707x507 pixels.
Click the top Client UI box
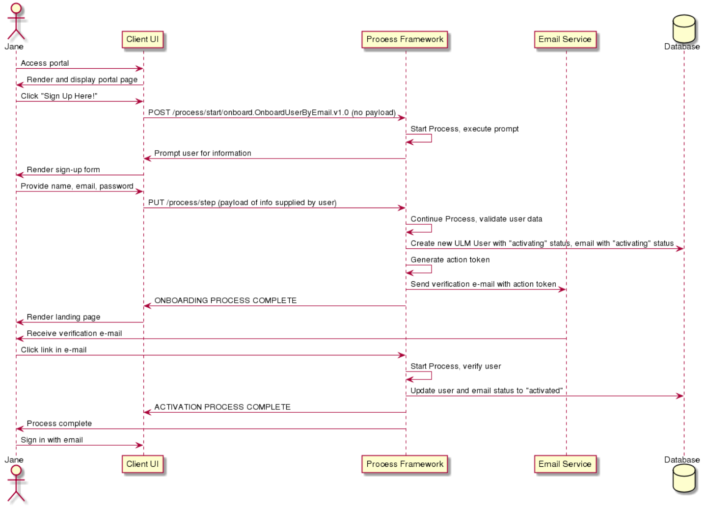pyautogui.click(x=143, y=39)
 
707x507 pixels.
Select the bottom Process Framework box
pyautogui.click(x=405, y=464)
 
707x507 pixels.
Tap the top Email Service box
pyautogui.click(x=565, y=39)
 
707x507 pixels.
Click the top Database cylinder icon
pyautogui.click(x=684, y=28)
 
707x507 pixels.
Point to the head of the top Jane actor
pyautogui.click(x=16, y=8)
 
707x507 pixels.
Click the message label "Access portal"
pyautogui.click(x=45, y=63)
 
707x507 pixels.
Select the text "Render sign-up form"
pyautogui.click(x=63, y=170)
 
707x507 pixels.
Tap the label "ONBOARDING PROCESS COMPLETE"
pyautogui.click(x=225, y=300)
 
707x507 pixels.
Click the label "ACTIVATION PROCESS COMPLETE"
pyautogui.click(x=222, y=407)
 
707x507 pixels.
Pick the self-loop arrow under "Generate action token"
pyautogui.click(x=431, y=269)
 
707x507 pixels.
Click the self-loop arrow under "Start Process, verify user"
pyautogui.click(x=431, y=375)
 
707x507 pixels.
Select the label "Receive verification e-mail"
pyautogui.click(x=74, y=333)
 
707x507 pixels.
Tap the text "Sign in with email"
pyautogui.click(x=52, y=440)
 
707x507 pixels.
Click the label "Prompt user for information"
pyautogui.click(x=203, y=153)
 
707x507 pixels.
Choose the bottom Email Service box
pyautogui.click(x=565, y=464)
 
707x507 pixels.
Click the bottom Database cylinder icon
pyautogui.click(x=684, y=479)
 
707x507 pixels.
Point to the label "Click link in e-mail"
pyautogui.click(x=54, y=350)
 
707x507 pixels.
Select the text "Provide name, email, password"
pyautogui.click(x=77, y=186)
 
